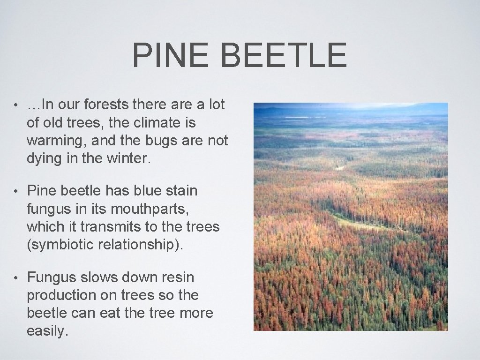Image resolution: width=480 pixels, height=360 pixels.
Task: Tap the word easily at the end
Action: (47, 331)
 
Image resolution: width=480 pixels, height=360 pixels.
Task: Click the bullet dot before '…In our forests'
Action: (15, 105)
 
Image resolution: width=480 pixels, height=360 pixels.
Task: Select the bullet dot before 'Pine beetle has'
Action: (15, 191)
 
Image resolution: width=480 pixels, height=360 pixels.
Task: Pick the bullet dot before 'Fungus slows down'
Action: (15, 277)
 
